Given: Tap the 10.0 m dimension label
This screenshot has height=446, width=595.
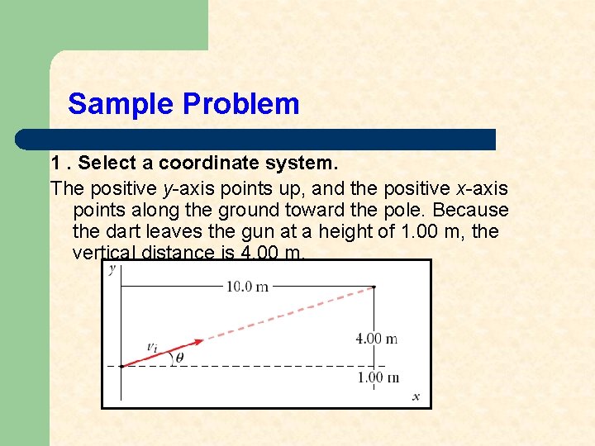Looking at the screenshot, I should pos(247,287).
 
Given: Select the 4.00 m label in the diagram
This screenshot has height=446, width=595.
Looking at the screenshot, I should pos(376,338).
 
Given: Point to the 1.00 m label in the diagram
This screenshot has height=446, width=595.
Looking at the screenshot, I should pos(377,377).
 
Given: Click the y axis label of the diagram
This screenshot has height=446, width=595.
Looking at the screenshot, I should pos(112,269).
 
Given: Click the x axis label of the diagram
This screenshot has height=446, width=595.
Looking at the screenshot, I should pos(416,396).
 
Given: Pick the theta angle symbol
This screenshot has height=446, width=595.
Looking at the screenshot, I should pos(179,358).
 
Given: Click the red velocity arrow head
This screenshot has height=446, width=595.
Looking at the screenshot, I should pos(198,341).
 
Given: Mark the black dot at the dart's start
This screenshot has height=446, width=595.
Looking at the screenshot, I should pos(121,365).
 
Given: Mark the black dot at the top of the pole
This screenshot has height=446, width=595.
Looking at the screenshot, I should pos(374,287).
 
